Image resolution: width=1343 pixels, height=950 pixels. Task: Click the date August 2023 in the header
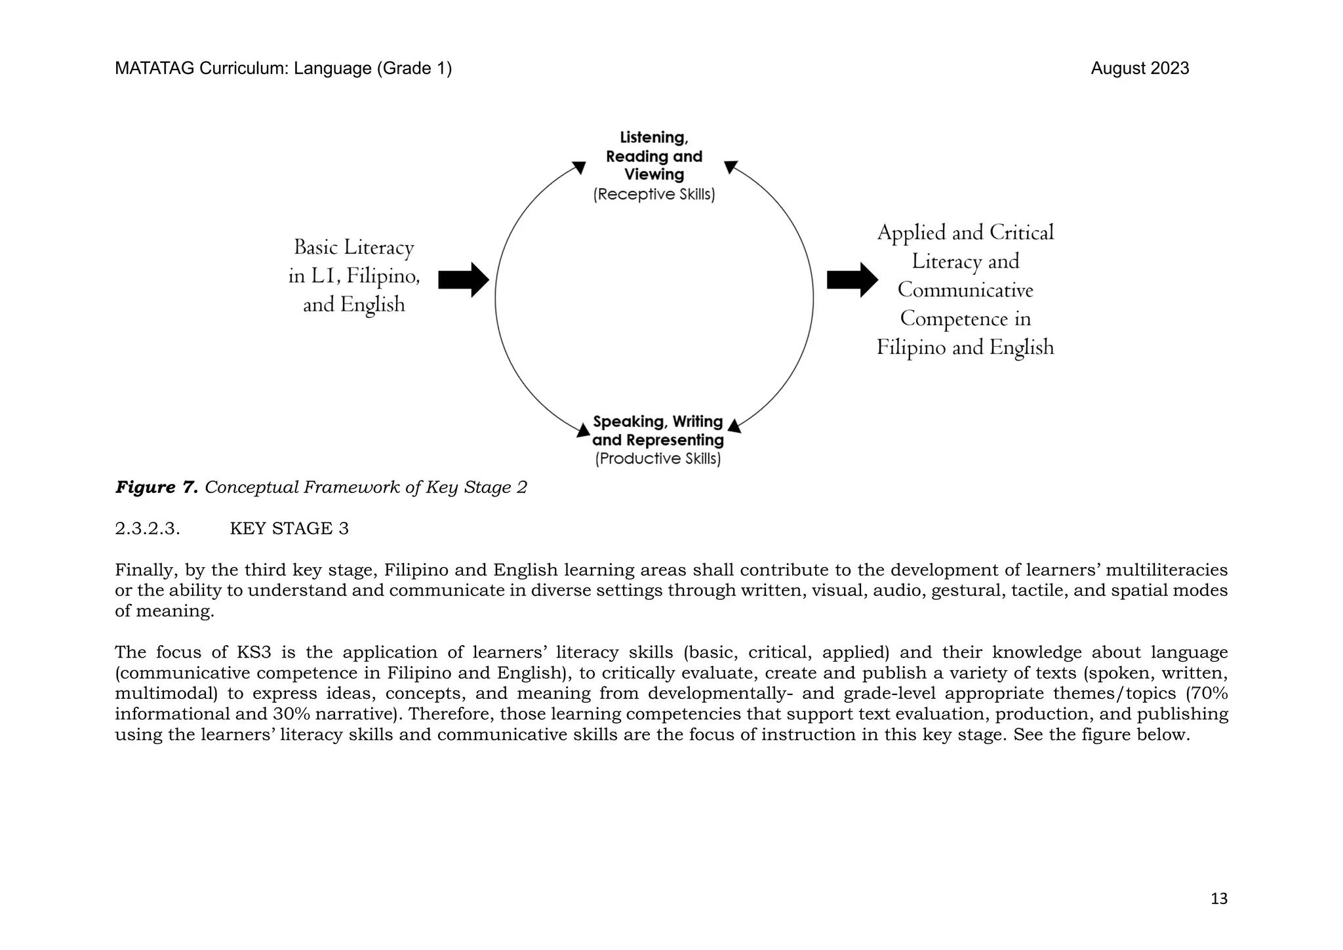[1139, 69]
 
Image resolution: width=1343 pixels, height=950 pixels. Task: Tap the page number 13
[1218, 899]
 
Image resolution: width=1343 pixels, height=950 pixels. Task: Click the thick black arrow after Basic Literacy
[463, 280]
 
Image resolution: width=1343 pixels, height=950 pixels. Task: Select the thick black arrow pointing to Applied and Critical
[852, 280]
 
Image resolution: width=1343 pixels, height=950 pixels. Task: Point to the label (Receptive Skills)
[654, 195]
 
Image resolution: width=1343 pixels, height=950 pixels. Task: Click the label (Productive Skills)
[658, 459]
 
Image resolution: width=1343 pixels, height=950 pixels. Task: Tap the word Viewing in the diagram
[654, 175]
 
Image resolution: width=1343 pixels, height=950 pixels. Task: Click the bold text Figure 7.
[157, 487]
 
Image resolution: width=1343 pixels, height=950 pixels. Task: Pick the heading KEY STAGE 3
[289, 528]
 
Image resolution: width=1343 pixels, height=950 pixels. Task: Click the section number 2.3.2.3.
[148, 528]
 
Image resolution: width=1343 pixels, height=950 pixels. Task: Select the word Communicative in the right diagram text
[965, 290]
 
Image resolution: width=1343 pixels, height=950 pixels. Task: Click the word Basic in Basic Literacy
[316, 248]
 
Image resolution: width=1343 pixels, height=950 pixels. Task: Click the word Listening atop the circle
[654, 138]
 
